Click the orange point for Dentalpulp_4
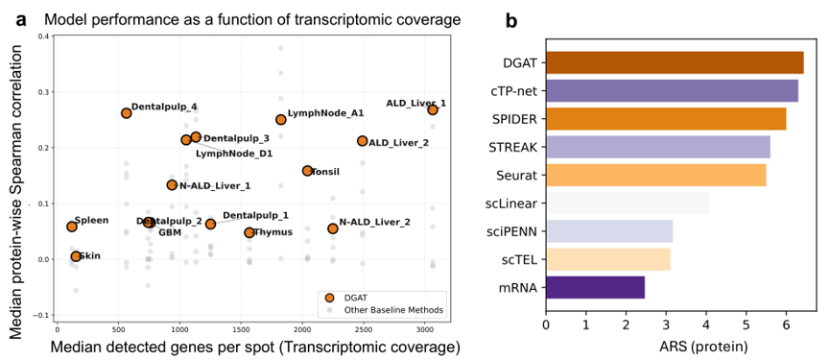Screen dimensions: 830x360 click(x=126, y=112)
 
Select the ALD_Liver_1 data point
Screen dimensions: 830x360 click(x=433, y=109)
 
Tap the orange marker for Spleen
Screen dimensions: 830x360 click(x=71, y=226)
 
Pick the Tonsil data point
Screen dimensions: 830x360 click(x=308, y=171)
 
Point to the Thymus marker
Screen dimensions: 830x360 click(x=249, y=232)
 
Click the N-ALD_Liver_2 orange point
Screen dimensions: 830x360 click(x=332, y=228)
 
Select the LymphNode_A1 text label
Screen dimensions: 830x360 click(x=319, y=113)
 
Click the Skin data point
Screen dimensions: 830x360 click(x=76, y=256)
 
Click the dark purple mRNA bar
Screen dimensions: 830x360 click(x=595, y=287)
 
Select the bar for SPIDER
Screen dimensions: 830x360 click(x=666, y=119)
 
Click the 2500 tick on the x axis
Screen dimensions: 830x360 click(x=363, y=329)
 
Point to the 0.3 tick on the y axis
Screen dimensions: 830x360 click(x=43, y=92)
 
